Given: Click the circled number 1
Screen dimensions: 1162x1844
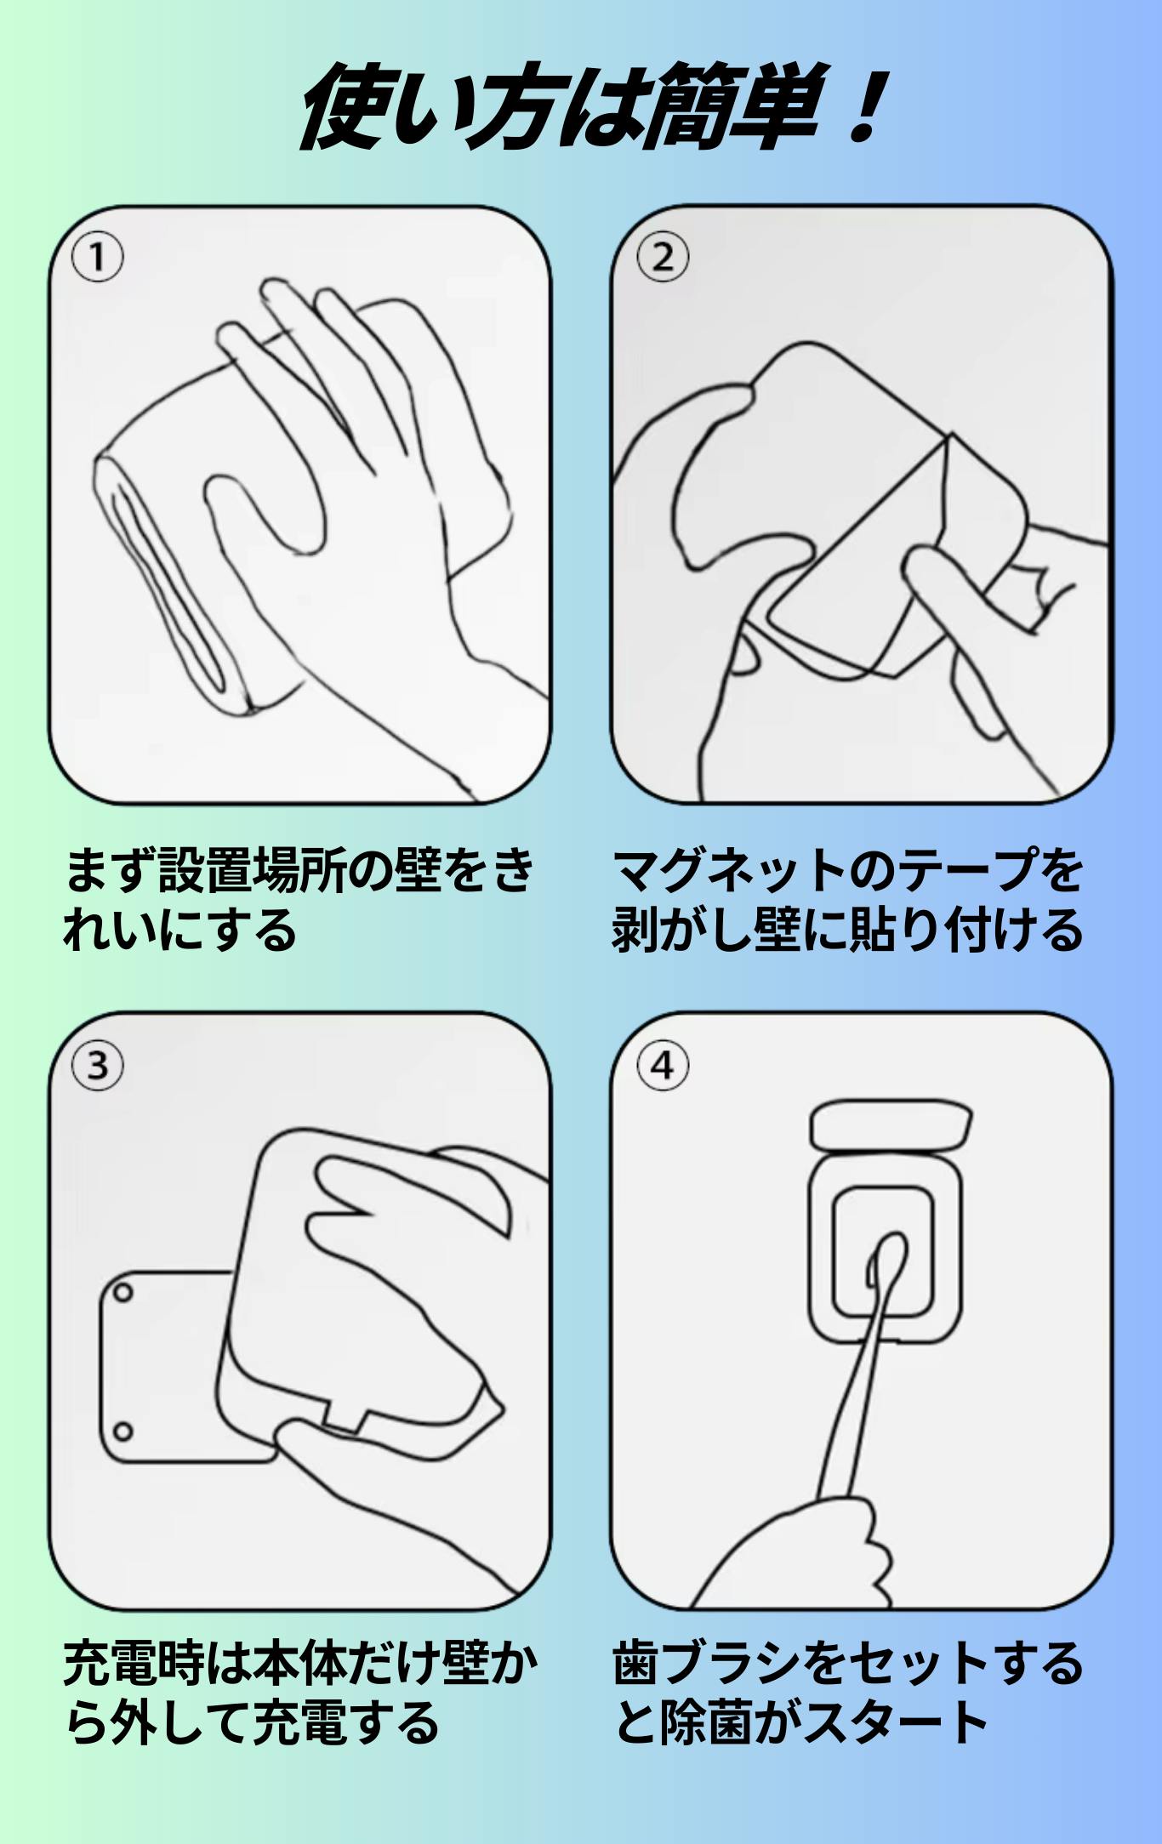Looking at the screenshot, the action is click(98, 258).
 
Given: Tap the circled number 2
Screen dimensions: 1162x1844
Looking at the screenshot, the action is click(663, 258).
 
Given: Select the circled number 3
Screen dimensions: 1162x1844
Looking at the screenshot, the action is click(98, 1065).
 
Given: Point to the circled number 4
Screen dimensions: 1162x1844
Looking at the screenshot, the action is click(663, 1065).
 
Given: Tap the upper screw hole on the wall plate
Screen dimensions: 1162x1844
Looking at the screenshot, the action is click(122, 1293).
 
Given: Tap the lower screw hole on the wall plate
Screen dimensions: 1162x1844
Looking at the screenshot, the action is click(122, 1431).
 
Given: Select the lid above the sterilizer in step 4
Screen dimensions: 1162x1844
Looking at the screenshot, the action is click(891, 1126).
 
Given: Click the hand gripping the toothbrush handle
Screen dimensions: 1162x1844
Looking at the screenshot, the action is click(800, 1556).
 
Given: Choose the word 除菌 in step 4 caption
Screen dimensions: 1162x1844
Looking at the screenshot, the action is click(707, 1723).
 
